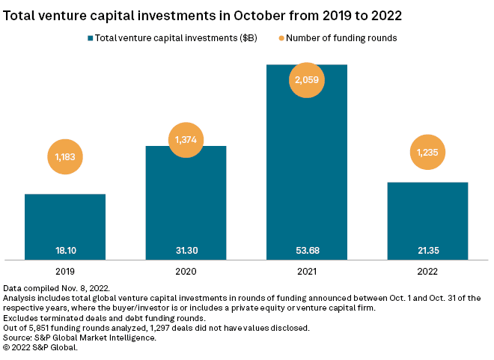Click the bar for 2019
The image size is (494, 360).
(64, 225)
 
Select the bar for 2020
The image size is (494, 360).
(186, 202)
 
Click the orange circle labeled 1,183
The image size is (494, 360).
(65, 157)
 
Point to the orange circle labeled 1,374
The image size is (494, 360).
(186, 139)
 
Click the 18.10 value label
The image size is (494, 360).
(64, 250)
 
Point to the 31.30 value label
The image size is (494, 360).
(186, 250)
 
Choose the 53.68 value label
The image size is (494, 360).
(307, 250)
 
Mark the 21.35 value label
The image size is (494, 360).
(428, 250)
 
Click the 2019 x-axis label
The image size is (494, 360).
(64, 272)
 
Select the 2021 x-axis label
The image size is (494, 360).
(307, 272)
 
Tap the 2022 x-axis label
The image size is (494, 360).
(428, 272)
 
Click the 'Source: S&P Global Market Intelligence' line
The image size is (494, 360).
(80, 337)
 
